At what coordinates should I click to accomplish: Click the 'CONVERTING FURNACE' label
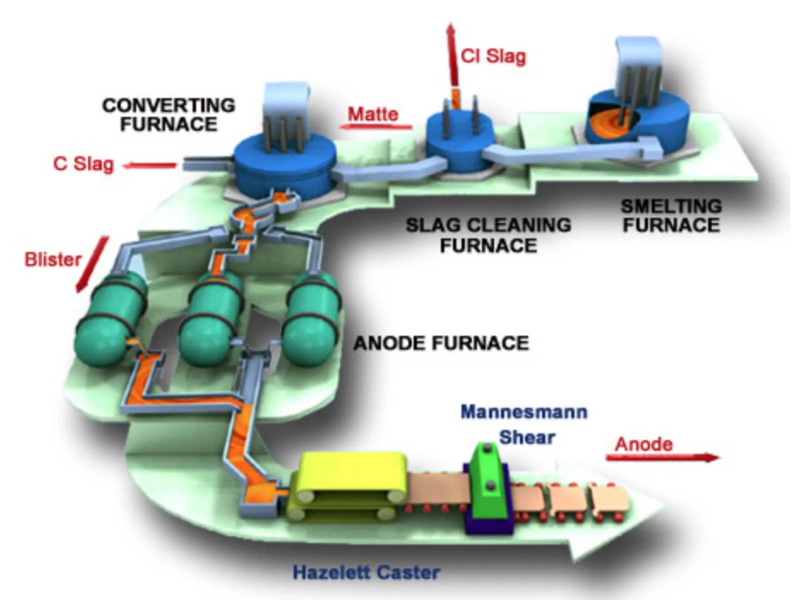[x=169, y=115]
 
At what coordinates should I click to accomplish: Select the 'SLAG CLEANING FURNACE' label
[x=488, y=235]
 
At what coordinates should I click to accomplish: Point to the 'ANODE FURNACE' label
[x=441, y=343]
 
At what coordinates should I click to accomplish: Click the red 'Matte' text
[x=373, y=114]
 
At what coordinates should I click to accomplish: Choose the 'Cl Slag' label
[x=493, y=57]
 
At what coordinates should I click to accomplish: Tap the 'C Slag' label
[x=83, y=164]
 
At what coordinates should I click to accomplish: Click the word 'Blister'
[x=53, y=259]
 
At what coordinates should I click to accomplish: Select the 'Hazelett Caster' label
[x=366, y=572]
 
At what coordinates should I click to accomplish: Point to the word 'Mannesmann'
[x=524, y=412]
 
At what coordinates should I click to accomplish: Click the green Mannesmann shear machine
[x=488, y=482]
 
